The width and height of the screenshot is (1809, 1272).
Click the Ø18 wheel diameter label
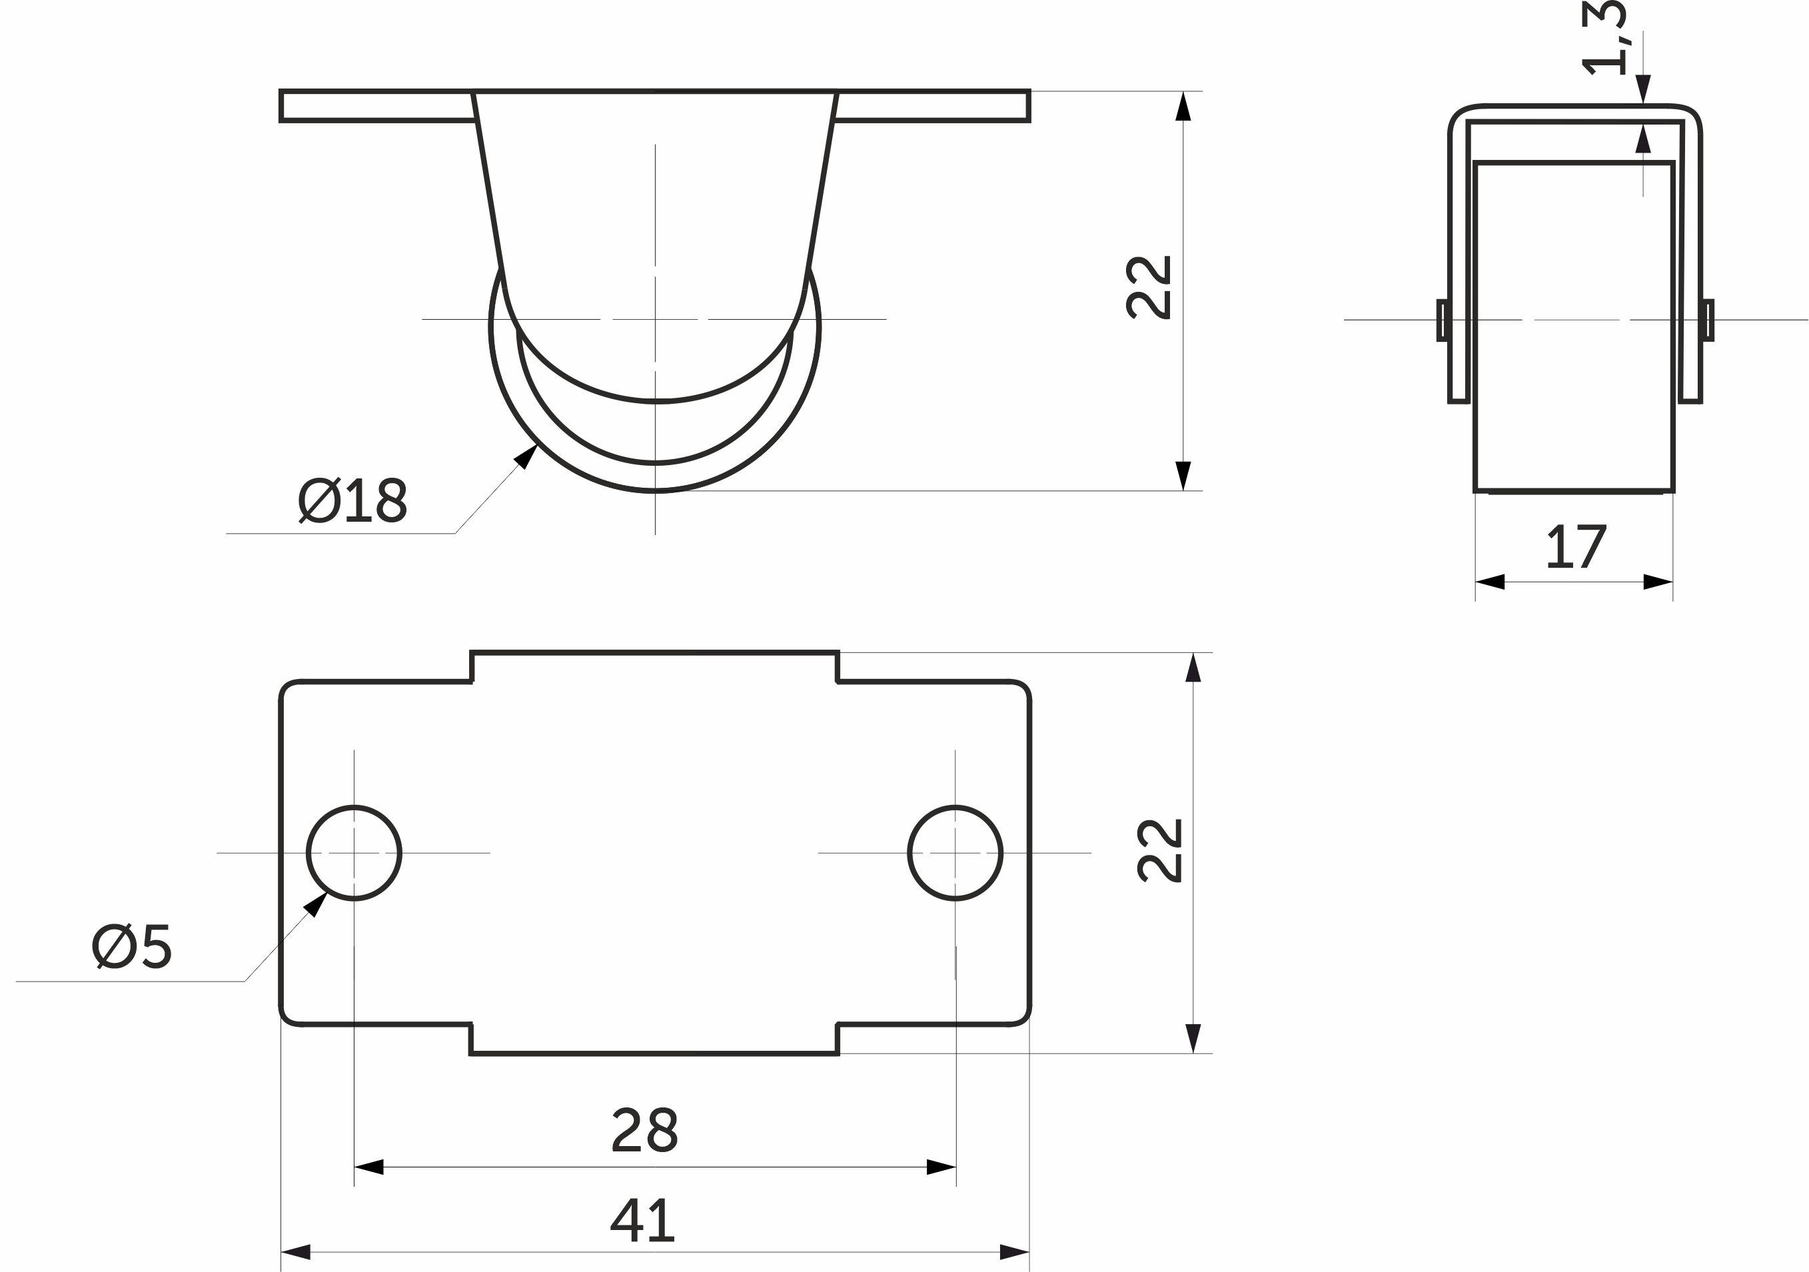click(353, 500)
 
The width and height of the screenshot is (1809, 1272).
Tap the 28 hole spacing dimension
click(644, 1130)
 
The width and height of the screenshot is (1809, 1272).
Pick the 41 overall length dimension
click(643, 1221)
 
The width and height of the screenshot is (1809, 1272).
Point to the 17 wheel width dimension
click(1576, 547)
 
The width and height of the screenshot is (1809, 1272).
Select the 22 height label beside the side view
click(1149, 287)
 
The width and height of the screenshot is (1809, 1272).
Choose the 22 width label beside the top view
click(1160, 851)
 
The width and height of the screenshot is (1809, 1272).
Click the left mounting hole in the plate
click(354, 853)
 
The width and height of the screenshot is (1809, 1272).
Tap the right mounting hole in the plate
click(955, 853)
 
